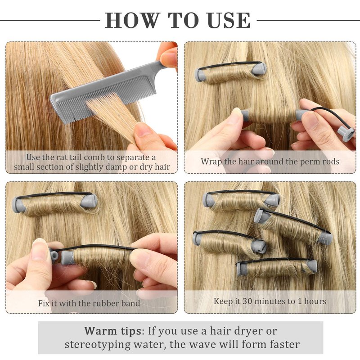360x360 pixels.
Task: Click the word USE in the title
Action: coord(229,20)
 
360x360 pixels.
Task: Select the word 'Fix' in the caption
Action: coord(44,303)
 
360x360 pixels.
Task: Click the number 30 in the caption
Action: coord(247,301)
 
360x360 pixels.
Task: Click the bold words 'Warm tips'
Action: coord(113,331)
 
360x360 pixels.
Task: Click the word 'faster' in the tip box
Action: coord(285,344)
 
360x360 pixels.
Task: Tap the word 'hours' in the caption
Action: coord(315,301)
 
